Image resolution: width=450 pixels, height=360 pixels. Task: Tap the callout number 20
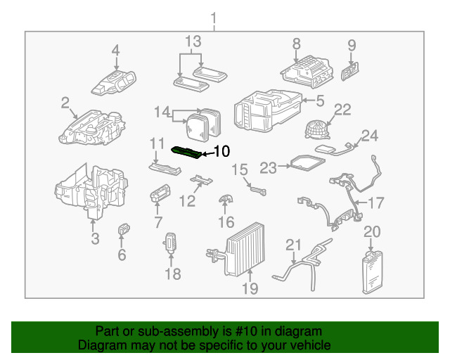coord(372,231)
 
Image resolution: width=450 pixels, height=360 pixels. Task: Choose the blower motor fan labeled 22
coord(315,131)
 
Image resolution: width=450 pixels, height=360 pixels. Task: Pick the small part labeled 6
coord(124,228)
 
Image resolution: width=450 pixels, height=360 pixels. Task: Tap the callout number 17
coord(377,203)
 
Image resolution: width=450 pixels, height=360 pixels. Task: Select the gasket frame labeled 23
coord(307,164)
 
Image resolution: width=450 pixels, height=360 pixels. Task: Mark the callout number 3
coord(96,239)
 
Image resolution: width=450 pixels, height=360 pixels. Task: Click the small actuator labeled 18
coord(171,241)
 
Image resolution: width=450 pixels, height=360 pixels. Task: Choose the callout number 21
coord(293,245)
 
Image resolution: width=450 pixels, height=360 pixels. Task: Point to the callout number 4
coord(115,51)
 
